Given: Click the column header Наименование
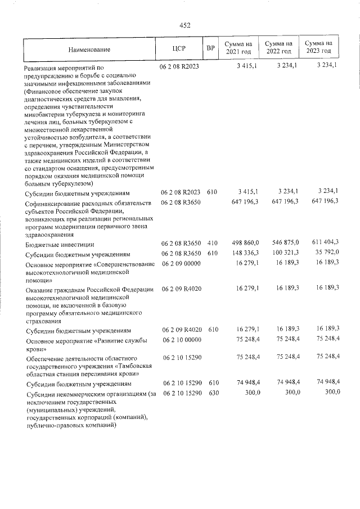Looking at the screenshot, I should (x=91, y=49).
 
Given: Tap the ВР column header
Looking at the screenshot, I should (x=211, y=49).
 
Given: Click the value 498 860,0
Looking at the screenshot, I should (x=245, y=243).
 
